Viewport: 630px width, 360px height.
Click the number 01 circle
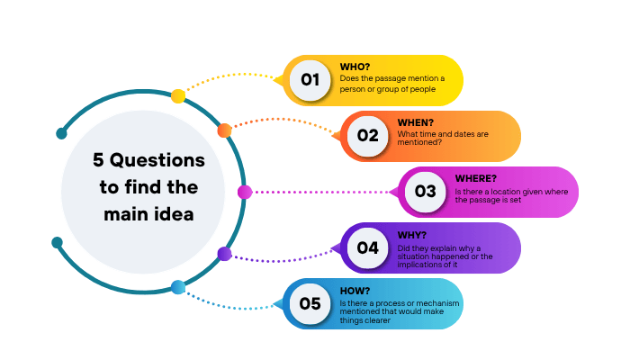point(310,80)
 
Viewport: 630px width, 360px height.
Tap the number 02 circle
point(367,136)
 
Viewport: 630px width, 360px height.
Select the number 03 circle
point(425,192)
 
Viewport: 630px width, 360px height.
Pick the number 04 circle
point(367,247)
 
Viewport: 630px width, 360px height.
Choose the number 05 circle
point(310,304)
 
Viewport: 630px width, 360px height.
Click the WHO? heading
point(355,67)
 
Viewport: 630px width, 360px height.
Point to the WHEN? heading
point(416,122)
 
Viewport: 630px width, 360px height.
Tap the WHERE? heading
point(476,178)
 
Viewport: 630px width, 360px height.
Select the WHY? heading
point(412,235)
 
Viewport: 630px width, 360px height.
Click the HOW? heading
point(355,291)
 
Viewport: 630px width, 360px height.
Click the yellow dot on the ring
point(178,96)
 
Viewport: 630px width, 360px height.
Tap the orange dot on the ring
point(225,130)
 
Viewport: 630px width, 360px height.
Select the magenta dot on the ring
point(245,192)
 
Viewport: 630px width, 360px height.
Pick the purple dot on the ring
point(225,254)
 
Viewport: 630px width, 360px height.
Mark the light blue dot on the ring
point(178,287)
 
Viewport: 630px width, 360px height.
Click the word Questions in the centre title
point(157,160)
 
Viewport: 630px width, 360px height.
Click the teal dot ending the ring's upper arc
point(61,133)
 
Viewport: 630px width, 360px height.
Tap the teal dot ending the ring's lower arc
point(57,242)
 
